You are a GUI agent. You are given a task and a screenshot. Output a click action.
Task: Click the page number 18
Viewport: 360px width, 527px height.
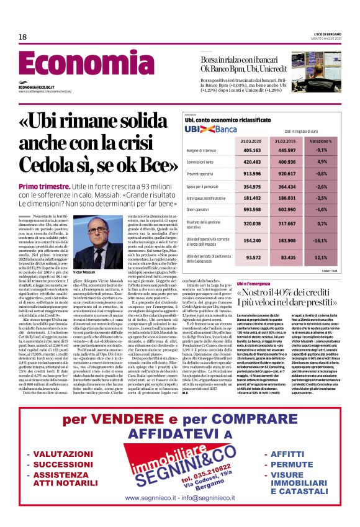click(22, 37)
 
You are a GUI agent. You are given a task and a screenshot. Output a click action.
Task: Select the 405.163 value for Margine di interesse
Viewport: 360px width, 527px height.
click(269, 150)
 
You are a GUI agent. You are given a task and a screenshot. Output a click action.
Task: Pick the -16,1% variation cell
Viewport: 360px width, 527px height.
click(339, 239)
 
